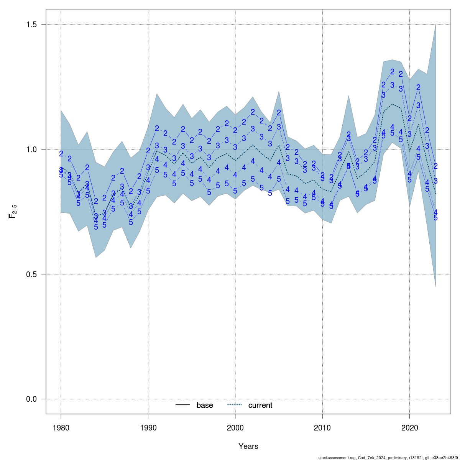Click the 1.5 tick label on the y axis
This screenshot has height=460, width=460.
(x=31, y=25)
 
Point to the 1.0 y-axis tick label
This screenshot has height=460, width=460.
(x=31, y=149)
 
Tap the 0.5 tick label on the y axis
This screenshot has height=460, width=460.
(x=31, y=274)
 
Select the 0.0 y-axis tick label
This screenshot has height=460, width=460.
(x=31, y=399)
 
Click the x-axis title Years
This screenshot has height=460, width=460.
(x=248, y=446)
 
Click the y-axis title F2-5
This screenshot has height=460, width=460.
(x=12, y=212)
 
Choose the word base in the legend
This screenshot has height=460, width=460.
(x=205, y=405)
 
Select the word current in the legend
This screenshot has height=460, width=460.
(x=260, y=405)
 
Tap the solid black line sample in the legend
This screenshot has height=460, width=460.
(x=183, y=405)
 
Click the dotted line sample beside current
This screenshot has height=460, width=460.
(x=235, y=405)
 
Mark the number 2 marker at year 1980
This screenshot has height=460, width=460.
(x=61, y=154)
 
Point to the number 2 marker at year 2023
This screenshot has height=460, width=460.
(x=436, y=166)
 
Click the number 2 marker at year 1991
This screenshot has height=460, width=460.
(x=157, y=128)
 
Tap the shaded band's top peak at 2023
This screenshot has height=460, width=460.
(x=436, y=25)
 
